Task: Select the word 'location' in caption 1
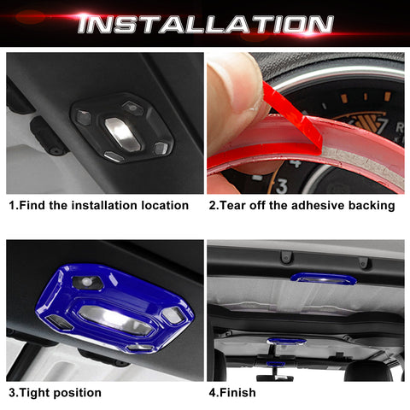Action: click(163, 205)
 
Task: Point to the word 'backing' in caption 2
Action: click(371, 205)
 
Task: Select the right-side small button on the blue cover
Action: click(173, 314)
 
